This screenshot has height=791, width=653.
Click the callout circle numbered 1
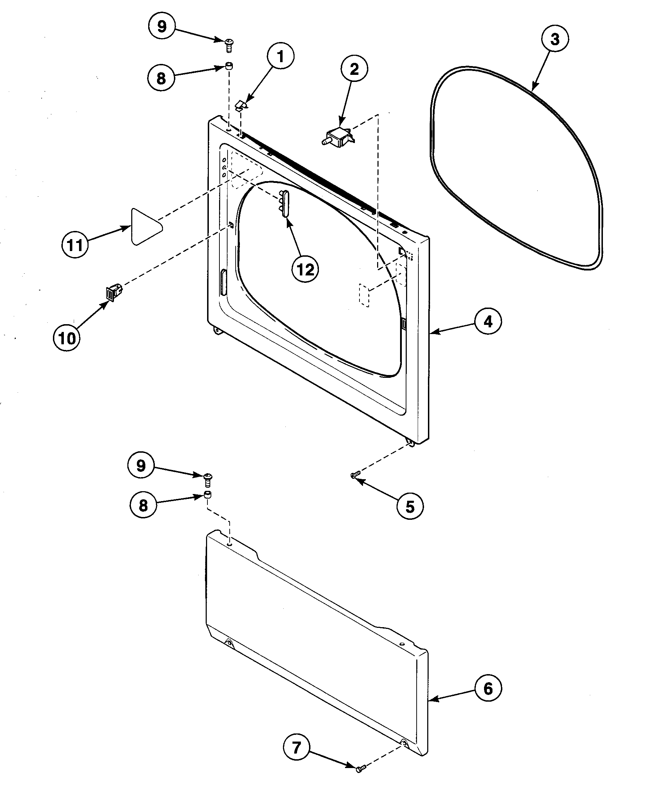[x=280, y=56]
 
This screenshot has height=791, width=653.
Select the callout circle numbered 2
[x=354, y=69]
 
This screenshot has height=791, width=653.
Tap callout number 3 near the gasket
[x=555, y=39]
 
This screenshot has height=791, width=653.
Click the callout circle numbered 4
[x=488, y=321]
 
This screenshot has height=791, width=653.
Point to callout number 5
[x=410, y=506]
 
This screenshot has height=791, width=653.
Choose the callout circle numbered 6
[x=488, y=689]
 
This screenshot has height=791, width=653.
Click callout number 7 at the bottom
[x=296, y=747]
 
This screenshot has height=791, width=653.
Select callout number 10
[x=67, y=338]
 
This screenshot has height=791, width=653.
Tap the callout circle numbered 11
[x=74, y=245]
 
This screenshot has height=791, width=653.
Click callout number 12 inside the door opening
[x=306, y=269]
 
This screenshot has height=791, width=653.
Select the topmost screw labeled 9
[x=228, y=45]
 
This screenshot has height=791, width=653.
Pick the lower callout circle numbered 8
[x=143, y=505]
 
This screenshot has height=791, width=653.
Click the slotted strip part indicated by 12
[x=284, y=204]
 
